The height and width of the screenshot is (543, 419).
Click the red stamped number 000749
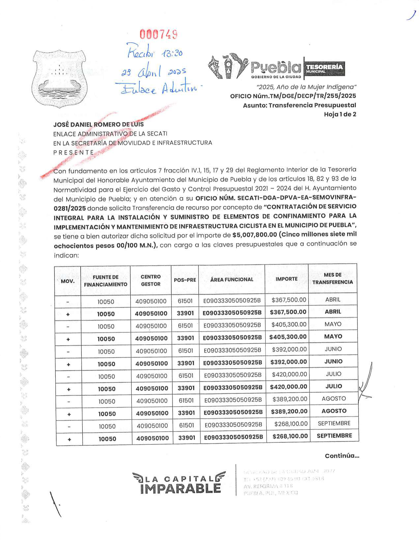coord(159,34)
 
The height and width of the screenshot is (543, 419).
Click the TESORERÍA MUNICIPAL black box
coord(324,68)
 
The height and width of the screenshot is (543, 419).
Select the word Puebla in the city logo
coord(276,68)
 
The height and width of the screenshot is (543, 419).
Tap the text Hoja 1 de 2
coord(340,114)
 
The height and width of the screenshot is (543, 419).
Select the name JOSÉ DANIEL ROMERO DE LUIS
coord(98,124)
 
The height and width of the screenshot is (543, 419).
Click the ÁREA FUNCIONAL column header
coord(232,279)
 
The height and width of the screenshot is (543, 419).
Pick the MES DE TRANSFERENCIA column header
coord(332,278)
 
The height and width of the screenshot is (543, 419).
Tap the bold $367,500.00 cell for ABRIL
coord(288,312)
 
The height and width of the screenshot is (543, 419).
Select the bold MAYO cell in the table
coord(333,337)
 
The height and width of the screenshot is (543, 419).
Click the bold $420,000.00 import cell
coord(289,387)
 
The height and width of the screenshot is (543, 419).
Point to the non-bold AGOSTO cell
coord(334,398)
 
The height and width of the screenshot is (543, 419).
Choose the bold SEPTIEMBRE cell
coord(334,436)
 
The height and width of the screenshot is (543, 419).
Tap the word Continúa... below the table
coord(342,456)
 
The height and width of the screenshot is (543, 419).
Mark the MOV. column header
coord(68,281)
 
